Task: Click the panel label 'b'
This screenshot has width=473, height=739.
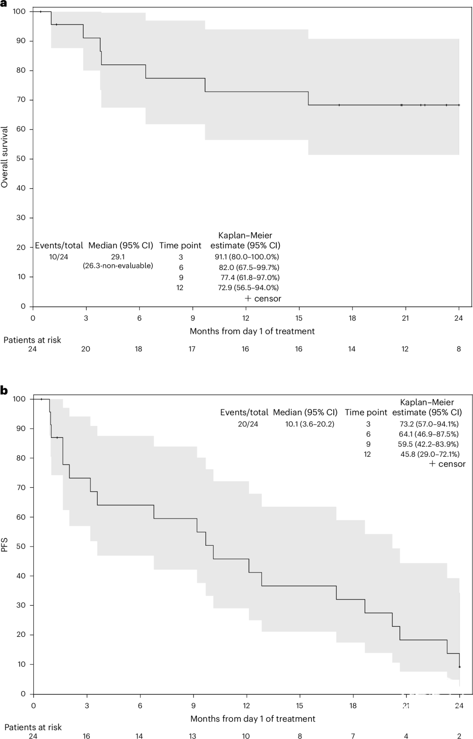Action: [x=4, y=390]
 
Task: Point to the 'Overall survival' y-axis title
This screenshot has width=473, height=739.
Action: [x=5, y=157]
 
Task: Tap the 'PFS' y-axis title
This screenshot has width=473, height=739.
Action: [x=5, y=546]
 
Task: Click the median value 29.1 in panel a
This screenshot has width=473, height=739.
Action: [x=118, y=257]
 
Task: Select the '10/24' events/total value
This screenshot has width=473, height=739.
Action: [x=59, y=257]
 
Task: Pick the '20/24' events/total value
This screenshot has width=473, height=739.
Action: [x=248, y=424]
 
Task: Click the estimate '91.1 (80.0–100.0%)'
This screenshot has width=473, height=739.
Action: [x=247, y=257]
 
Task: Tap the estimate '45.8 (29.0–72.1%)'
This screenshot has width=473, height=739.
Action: [x=430, y=454]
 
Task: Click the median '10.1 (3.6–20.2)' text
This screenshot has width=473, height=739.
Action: [x=310, y=424]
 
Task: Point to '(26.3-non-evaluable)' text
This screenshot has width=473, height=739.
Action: [x=118, y=266]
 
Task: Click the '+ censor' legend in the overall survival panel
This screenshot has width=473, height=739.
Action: [x=263, y=298]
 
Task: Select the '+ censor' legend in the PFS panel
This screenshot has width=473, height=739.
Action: [x=447, y=464]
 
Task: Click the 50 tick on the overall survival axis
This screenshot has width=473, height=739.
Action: [x=21, y=159]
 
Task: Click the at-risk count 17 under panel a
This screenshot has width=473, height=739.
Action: [x=192, y=349]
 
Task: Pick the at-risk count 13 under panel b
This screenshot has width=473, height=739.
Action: [x=192, y=736]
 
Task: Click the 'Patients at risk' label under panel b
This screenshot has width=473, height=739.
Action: [x=33, y=727]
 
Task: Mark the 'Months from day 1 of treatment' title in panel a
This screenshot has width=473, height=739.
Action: [x=252, y=331]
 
